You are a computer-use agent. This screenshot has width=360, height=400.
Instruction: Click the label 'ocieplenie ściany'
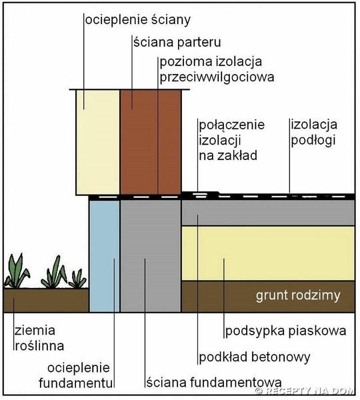tap(138, 20)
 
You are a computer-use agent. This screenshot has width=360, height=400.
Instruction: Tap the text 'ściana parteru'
tap(177, 42)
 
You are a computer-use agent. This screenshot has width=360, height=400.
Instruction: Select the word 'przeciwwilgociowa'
tap(217, 77)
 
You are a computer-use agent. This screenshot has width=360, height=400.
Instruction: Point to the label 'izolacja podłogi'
tap(314, 132)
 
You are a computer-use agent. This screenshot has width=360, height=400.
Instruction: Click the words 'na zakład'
tap(228, 155)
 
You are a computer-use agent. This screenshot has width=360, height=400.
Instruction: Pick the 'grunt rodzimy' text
tap(298, 295)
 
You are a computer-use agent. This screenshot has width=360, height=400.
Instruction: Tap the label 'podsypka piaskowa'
tap(286, 331)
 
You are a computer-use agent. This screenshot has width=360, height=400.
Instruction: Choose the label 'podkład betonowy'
tap(255, 357)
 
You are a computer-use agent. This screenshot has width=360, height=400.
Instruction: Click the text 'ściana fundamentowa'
tap(214, 383)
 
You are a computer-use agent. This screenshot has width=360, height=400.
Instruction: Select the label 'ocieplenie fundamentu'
tap(76, 375)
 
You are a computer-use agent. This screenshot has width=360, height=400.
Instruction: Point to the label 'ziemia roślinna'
tap(39, 338)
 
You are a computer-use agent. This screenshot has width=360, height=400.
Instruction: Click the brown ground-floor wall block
tap(151, 142)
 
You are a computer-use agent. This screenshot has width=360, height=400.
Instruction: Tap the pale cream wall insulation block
tap(98, 143)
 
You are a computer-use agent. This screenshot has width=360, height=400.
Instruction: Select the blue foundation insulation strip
tap(105, 256)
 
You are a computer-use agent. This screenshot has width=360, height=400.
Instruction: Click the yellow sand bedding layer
tap(268, 253)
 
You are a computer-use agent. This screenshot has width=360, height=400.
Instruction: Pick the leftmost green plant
tap(17, 271)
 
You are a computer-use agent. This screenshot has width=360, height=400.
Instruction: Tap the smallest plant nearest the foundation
tap(77, 279)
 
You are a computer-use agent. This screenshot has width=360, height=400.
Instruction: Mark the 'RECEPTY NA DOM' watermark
tap(305, 391)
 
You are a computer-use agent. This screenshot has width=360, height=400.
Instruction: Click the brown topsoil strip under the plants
tap(46, 300)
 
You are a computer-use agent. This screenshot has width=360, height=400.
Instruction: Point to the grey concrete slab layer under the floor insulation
tap(268, 213)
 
